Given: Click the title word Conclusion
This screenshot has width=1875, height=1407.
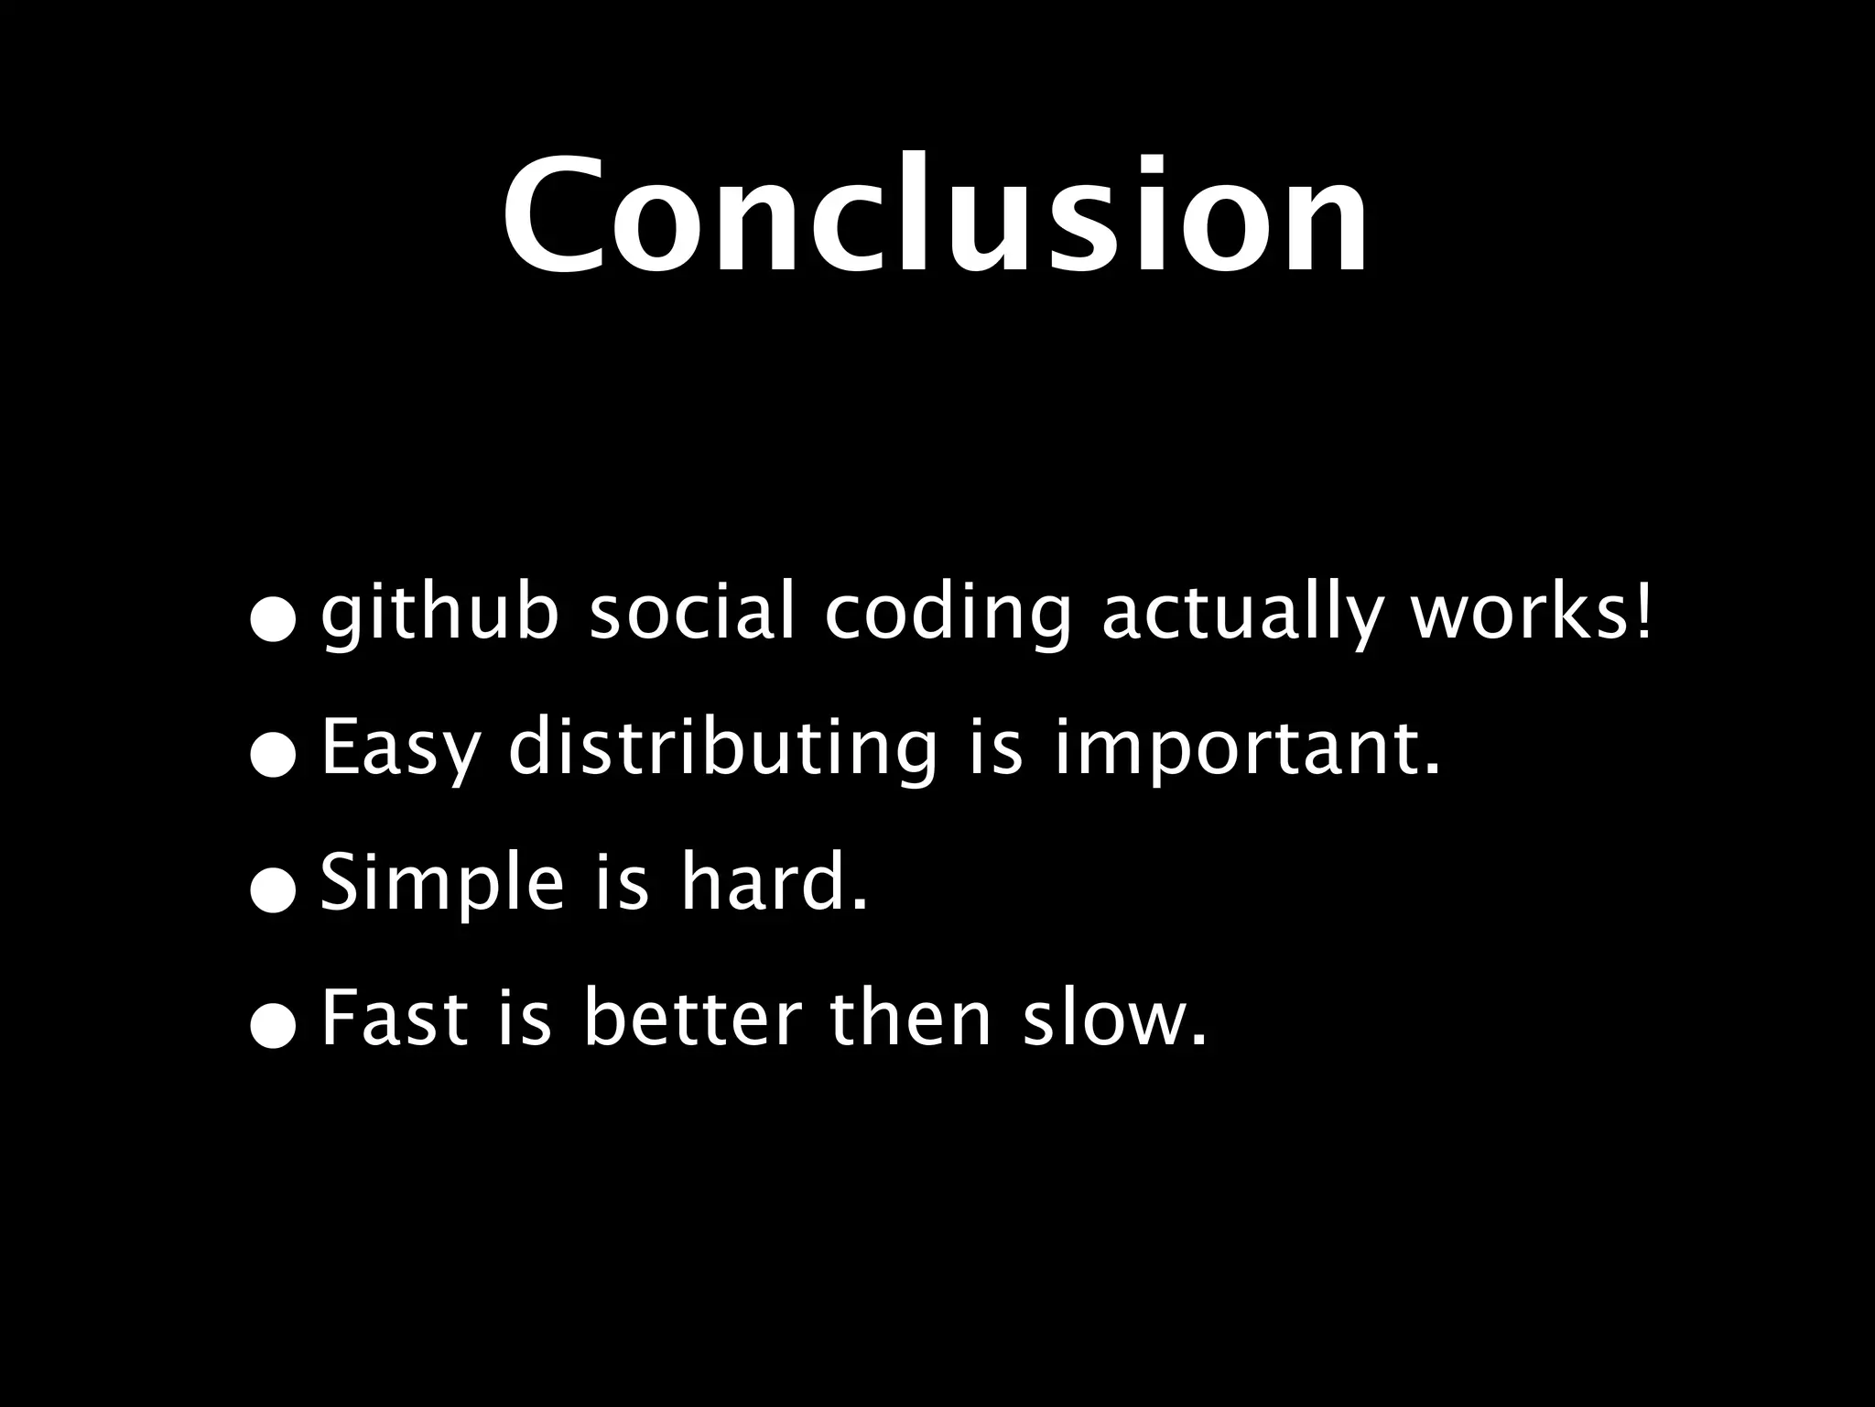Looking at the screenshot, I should click(x=936, y=218).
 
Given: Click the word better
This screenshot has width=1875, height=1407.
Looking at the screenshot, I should click(x=693, y=1019).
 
